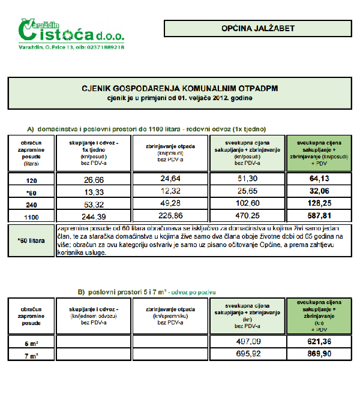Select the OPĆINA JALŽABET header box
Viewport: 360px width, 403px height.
(257, 28)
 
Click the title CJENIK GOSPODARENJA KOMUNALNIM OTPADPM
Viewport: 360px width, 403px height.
(180, 88)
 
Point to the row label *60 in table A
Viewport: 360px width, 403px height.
(32, 191)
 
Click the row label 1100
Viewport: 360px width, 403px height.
(32, 216)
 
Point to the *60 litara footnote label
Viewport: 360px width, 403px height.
(31, 240)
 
